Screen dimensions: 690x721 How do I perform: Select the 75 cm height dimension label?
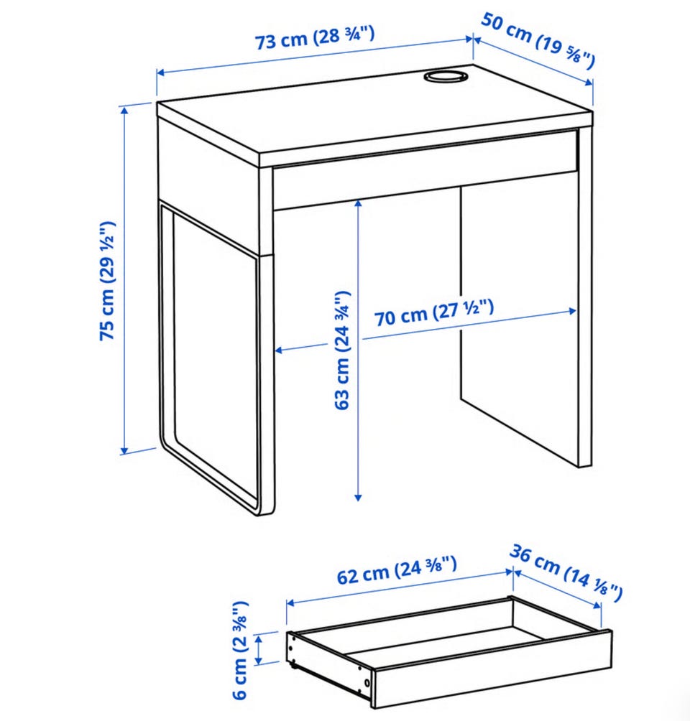pos(107,281)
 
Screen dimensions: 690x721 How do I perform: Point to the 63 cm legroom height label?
pos(342,350)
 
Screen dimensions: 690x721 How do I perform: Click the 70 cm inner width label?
pos(433,312)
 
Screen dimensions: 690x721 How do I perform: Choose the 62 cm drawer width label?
pos(397,569)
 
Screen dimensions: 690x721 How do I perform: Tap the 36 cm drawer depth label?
pos(566,573)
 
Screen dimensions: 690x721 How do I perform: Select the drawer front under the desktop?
pos(425,171)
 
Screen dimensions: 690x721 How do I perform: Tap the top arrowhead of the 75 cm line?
pos(124,110)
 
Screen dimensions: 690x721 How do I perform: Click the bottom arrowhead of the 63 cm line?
pos(358,497)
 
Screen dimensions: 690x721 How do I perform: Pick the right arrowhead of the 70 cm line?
pos(572,311)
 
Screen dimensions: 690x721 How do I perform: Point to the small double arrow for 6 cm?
pos(259,650)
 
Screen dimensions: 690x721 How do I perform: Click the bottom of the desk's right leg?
pos(584,465)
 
